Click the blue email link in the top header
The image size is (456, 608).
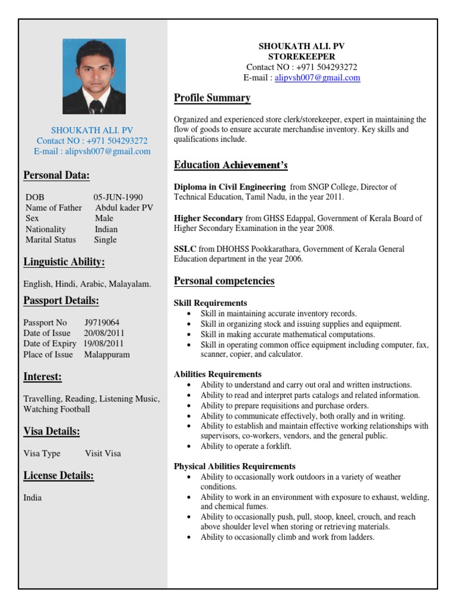(x=317, y=78)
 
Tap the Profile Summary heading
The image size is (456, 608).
(x=212, y=98)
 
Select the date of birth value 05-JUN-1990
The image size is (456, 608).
(x=118, y=197)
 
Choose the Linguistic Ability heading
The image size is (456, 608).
(x=64, y=262)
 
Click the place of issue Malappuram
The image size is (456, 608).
(x=107, y=354)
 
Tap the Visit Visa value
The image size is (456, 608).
(x=103, y=453)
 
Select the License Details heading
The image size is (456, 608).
(x=59, y=475)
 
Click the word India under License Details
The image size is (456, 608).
(x=33, y=498)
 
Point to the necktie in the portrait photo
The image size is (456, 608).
(x=95, y=106)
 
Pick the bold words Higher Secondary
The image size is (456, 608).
(x=208, y=218)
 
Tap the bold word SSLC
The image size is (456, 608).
(x=184, y=249)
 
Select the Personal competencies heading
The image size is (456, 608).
(x=224, y=281)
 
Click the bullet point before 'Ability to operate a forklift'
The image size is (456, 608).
(x=189, y=446)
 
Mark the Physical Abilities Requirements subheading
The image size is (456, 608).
(x=235, y=466)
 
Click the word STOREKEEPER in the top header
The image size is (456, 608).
(x=302, y=56)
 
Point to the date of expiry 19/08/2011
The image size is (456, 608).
(x=103, y=344)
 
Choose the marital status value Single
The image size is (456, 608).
(x=105, y=240)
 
